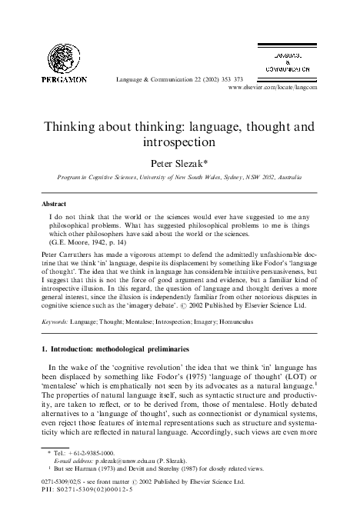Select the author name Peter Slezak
tap(182, 162)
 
